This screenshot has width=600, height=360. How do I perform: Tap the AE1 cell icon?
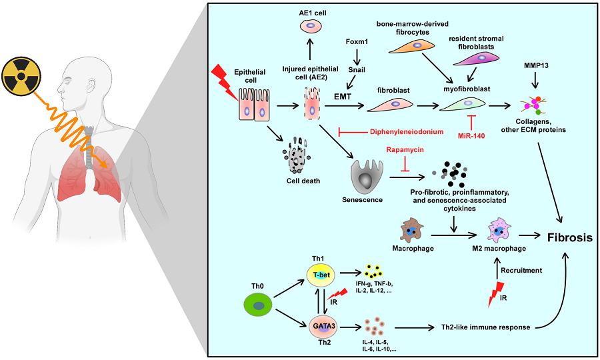click(x=311, y=26)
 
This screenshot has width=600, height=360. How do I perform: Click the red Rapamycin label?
click(x=405, y=151)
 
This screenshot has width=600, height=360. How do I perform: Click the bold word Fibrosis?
click(x=570, y=237)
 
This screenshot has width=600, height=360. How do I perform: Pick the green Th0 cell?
click(x=261, y=307)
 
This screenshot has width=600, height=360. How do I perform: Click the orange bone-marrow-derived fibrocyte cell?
click(x=415, y=45)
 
